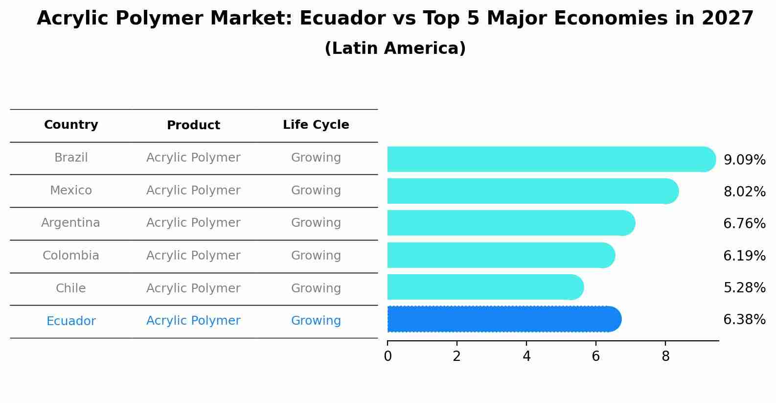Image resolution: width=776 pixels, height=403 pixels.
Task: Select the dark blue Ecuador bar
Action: pos(504,319)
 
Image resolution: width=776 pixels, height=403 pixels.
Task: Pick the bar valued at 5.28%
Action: pos(484,287)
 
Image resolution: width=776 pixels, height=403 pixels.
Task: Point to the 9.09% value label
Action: pos(744,160)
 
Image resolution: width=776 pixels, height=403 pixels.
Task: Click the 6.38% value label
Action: pos(744,320)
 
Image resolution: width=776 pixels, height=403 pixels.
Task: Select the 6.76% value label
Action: pos(744,224)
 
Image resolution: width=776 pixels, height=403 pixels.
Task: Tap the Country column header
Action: pos(71,125)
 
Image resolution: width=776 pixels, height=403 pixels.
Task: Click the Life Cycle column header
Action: pos(316,125)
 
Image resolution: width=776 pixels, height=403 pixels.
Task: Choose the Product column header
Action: pos(193,125)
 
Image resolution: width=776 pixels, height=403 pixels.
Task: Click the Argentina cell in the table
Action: pos(70,223)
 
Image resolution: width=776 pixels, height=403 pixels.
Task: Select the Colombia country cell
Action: pos(71,256)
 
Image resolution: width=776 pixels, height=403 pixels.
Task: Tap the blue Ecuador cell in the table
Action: pos(71,321)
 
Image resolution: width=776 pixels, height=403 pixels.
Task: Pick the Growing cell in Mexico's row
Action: pos(316,190)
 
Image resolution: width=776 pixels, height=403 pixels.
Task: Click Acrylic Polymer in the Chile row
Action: pos(193,288)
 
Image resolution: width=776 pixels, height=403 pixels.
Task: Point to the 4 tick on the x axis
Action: pos(526,356)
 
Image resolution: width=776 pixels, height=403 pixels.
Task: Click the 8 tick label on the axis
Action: pos(665,356)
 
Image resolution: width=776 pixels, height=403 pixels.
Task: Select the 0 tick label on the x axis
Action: pos(388,356)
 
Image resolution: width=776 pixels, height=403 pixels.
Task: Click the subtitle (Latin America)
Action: pos(395,48)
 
